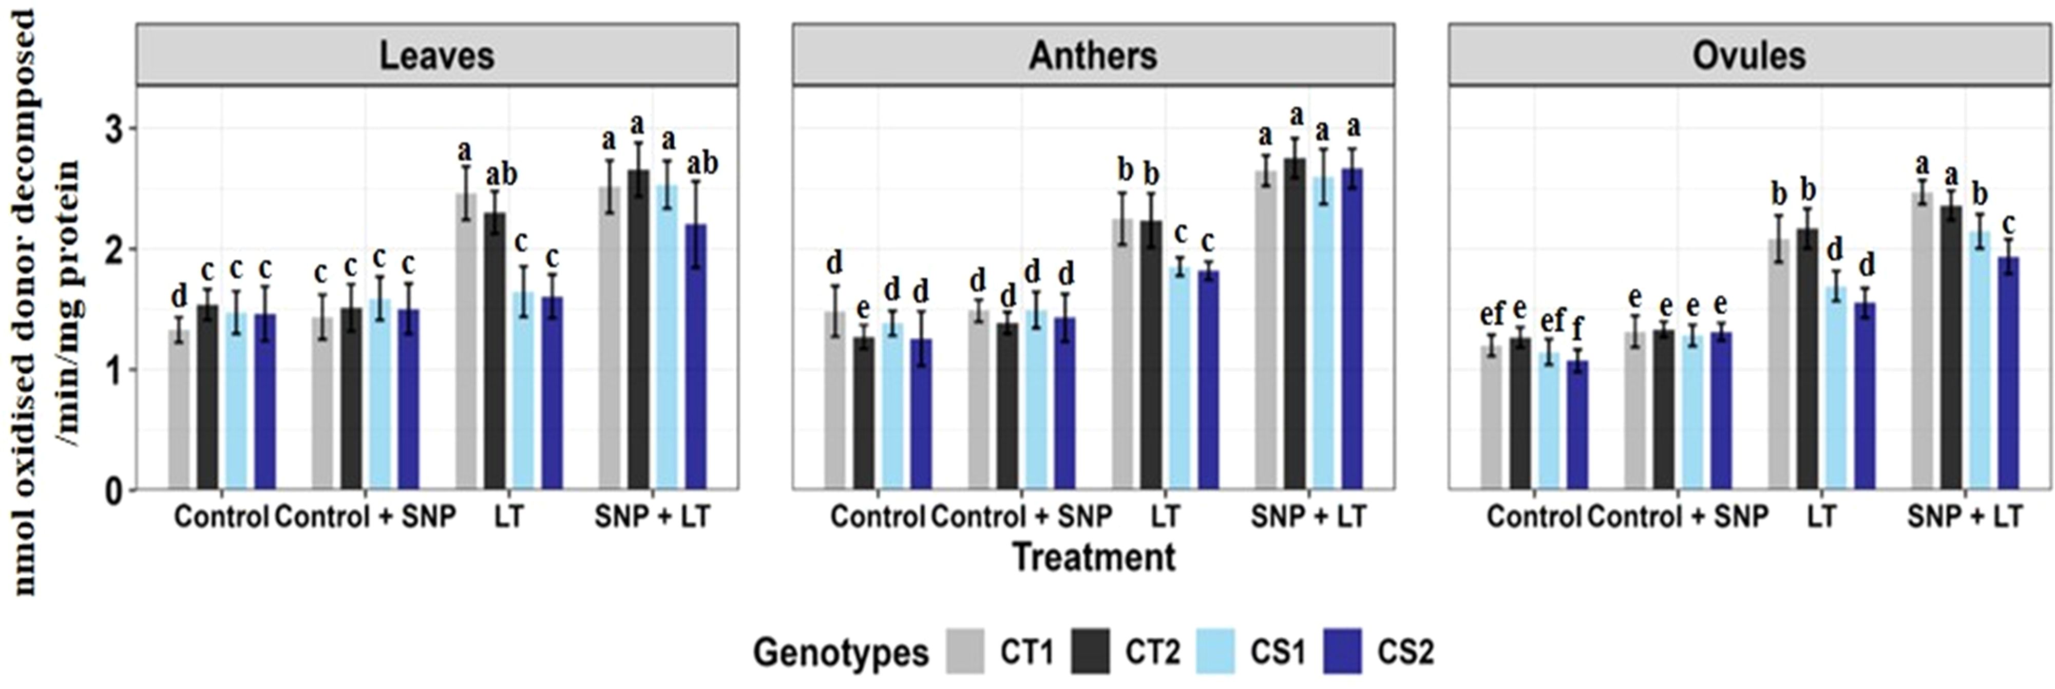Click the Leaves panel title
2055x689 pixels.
pyautogui.click(x=436, y=56)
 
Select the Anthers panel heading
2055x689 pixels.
pyautogui.click(x=1092, y=56)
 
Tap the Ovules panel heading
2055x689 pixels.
pyautogui.click(x=1748, y=56)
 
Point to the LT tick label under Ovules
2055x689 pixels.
pyautogui.click(x=1820, y=516)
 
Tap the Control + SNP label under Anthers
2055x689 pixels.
pyautogui.click(x=1021, y=516)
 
